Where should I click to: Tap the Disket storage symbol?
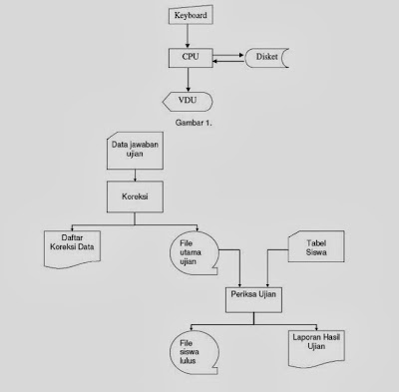[265, 58]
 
